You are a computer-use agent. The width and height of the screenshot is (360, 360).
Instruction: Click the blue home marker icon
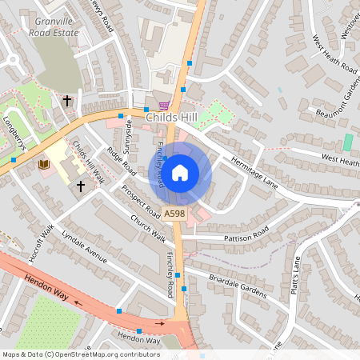tap(180, 172)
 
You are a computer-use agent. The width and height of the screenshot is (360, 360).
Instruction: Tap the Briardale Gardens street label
tap(237, 287)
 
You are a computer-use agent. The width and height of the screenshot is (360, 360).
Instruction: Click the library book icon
tap(43, 164)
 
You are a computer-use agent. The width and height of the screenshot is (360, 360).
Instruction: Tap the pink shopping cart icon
tap(165, 105)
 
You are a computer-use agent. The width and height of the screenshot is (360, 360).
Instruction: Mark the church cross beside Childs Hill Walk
tap(80, 186)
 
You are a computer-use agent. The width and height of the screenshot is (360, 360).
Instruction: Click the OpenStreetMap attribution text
tap(81, 354)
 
